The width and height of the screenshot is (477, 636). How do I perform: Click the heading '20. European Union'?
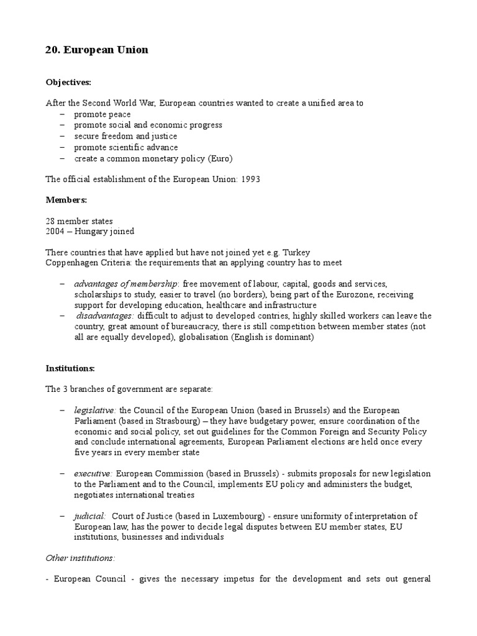97,50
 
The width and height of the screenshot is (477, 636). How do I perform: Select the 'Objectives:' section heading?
68,81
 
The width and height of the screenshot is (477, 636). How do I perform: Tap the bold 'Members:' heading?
66,200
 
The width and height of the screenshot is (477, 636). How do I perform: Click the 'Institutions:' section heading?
70,368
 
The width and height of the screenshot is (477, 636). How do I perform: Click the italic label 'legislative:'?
96,411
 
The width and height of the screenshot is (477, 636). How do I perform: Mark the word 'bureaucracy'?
219,326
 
